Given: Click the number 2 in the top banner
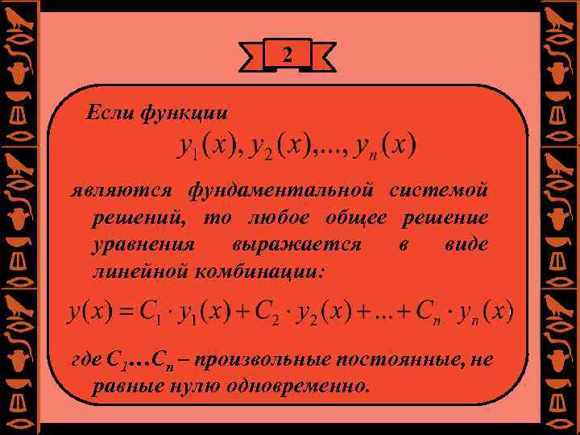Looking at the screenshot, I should pos(288,55).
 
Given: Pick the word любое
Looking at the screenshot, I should pos(279,217).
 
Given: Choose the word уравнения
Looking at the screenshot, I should pos(144,244).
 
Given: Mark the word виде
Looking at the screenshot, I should pos(466,244).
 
